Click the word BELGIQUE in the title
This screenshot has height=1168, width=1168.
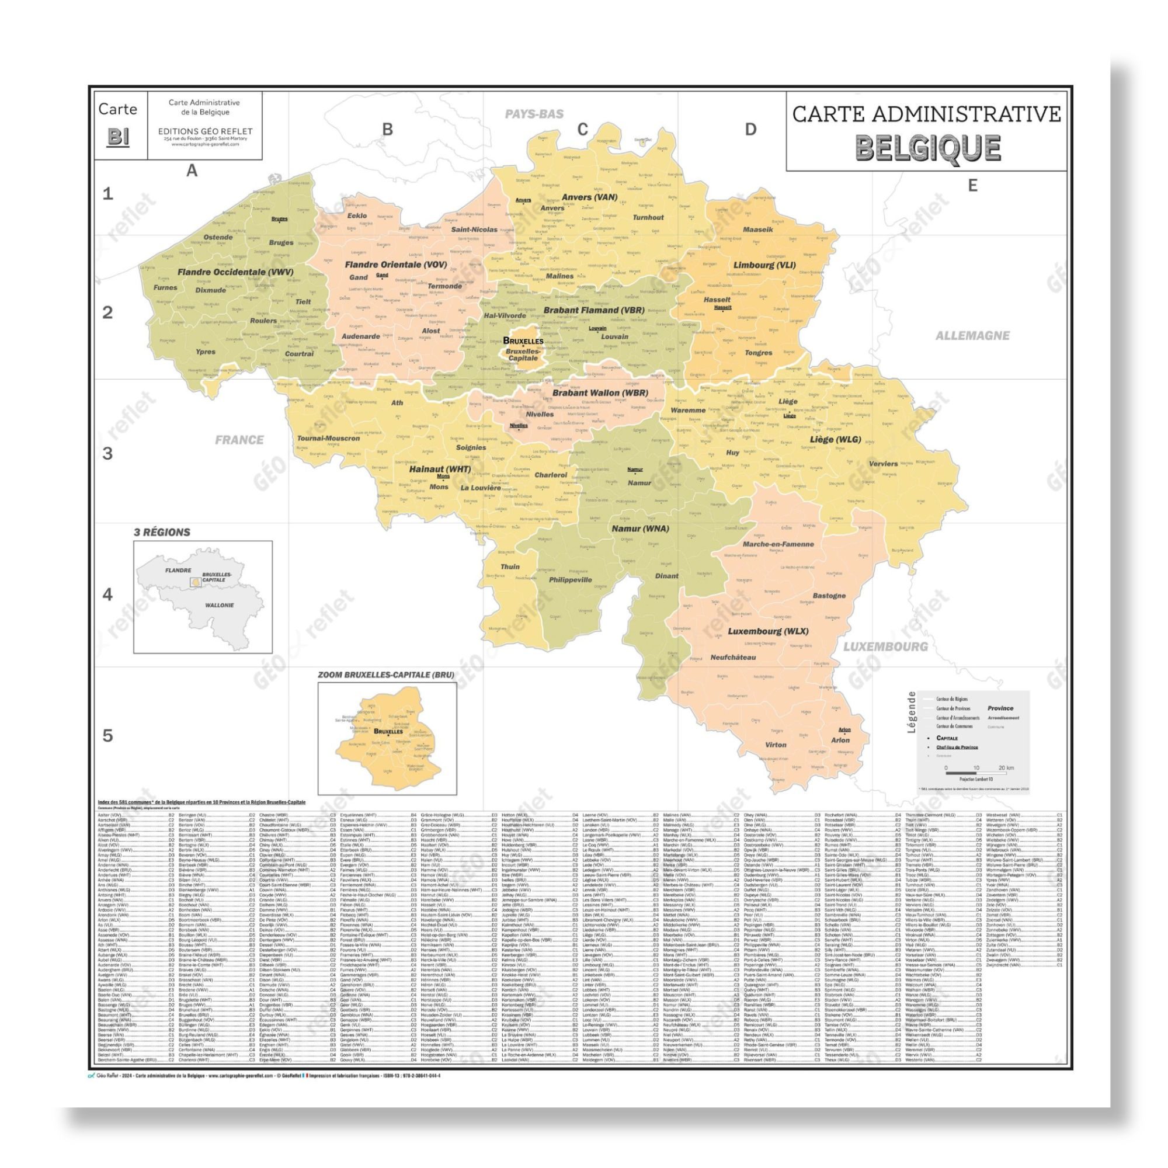click(x=927, y=148)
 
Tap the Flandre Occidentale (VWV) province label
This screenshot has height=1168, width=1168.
click(x=235, y=272)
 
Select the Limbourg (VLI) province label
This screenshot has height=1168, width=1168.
click(x=764, y=265)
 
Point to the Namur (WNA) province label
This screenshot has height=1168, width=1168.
click(x=640, y=529)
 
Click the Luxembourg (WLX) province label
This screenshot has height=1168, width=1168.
click(x=768, y=631)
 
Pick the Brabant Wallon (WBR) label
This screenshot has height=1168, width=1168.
click(x=600, y=393)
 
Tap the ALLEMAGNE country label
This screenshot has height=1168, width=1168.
click(x=972, y=336)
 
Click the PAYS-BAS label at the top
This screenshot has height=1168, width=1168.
click(x=534, y=114)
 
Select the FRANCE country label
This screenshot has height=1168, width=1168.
click(x=239, y=440)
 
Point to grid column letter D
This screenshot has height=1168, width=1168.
click(x=750, y=130)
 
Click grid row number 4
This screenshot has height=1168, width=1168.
click(x=107, y=595)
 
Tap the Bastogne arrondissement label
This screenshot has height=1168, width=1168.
click(x=829, y=596)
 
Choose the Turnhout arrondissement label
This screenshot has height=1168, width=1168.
click(x=648, y=218)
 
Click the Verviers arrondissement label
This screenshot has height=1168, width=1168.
click(x=883, y=464)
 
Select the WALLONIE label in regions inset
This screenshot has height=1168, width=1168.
click(x=219, y=605)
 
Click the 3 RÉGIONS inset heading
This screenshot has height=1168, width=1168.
click(x=162, y=532)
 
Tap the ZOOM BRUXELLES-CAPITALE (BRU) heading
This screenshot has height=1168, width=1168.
click(x=386, y=675)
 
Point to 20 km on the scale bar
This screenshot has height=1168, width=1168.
click(x=1006, y=768)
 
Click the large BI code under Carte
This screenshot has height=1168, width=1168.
click(x=118, y=137)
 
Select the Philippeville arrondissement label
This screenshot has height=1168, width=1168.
click(x=570, y=580)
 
